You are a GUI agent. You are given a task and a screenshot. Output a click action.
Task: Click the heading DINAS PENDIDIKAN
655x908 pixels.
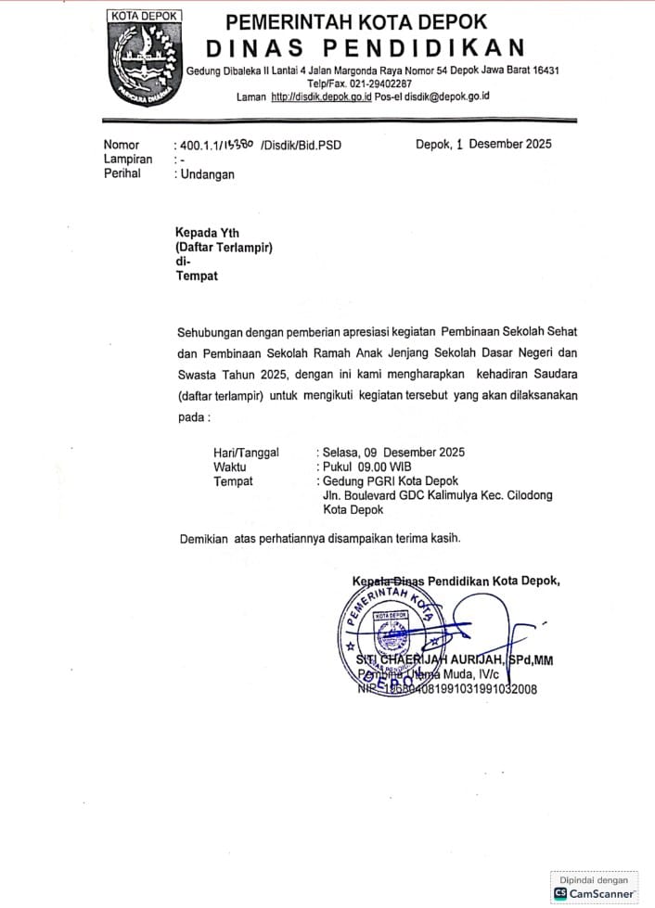pos(365,47)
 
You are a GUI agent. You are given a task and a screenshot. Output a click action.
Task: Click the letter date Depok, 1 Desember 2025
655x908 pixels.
pos(483,144)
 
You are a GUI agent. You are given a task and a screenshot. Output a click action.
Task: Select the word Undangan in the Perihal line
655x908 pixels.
pos(208,173)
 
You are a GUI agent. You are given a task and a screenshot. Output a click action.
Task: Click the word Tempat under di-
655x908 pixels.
pos(197,275)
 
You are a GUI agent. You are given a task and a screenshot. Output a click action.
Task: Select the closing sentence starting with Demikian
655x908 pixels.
pos(320,538)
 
